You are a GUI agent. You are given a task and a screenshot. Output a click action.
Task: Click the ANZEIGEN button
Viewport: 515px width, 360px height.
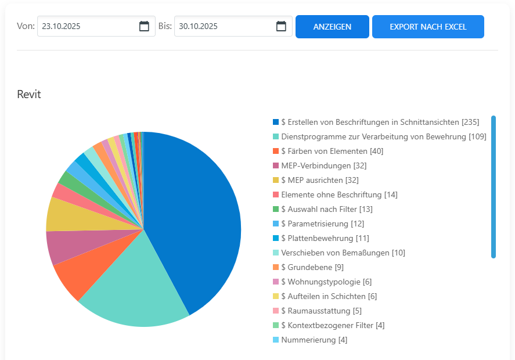(332, 27)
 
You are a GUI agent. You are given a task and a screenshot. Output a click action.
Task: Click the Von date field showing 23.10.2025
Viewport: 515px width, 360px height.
(87, 26)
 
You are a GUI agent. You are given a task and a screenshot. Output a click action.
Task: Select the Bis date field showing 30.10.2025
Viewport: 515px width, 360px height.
(224, 26)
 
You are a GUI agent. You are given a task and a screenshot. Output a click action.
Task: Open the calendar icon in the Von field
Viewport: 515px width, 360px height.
(144, 26)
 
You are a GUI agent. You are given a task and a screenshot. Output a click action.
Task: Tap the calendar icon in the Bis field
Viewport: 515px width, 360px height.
(281, 26)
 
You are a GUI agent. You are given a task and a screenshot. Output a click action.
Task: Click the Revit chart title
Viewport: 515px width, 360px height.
(29, 94)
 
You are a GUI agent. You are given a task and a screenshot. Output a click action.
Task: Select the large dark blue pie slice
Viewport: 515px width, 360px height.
(197, 221)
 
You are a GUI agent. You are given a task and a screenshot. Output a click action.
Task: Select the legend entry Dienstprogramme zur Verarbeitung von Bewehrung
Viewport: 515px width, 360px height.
(383, 136)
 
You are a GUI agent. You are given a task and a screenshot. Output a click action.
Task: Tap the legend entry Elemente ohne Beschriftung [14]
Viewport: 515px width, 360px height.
(339, 195)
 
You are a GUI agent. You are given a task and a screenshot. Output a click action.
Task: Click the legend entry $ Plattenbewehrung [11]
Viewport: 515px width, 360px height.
(325, 238)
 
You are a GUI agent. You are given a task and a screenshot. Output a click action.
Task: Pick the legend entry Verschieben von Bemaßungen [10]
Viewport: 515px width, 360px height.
(343, 253)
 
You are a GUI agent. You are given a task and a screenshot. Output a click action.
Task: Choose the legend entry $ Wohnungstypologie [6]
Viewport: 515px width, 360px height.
(326, 282)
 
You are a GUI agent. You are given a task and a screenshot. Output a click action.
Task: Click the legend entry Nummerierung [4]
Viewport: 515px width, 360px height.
(314, 340)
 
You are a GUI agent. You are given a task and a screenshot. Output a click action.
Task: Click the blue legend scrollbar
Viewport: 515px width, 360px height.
(494, 186)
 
